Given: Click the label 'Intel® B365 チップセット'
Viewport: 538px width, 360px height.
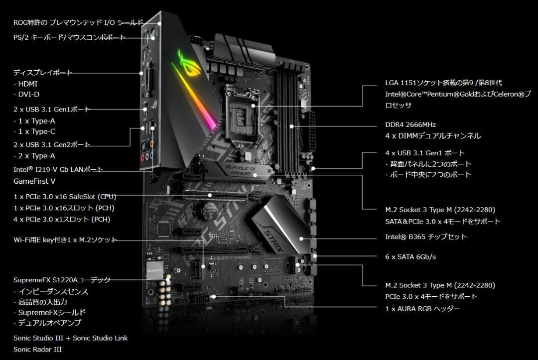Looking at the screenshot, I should click(x=426, y=237).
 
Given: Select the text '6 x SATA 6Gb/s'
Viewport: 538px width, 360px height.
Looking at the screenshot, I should click(x=410, y=257).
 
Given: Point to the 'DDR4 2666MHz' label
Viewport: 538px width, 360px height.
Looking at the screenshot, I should click(x=410, y=124).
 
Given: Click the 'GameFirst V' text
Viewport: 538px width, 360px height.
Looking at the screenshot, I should click(x=34, y=181).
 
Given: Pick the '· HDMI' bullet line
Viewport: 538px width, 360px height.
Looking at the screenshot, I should click(x=25, y=84).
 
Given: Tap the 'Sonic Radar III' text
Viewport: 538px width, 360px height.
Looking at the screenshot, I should click(x=37, y=350).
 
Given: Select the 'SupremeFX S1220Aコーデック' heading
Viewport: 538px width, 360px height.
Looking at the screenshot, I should click(x=62, y=280).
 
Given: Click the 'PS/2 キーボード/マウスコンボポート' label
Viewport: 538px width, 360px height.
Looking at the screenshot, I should click(x=69, y=38).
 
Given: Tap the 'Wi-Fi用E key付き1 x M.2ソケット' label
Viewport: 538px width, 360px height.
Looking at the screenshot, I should click(x=65, y=240).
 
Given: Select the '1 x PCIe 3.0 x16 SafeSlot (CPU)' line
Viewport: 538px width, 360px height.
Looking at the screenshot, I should click(x=65, y=197).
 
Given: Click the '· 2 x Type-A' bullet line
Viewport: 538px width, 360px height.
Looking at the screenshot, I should click(x=34, y=156).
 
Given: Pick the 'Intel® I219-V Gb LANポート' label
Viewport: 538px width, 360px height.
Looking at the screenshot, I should click(x=58, y=170).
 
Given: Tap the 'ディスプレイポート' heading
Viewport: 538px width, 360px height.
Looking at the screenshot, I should click(x=43, y=73).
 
